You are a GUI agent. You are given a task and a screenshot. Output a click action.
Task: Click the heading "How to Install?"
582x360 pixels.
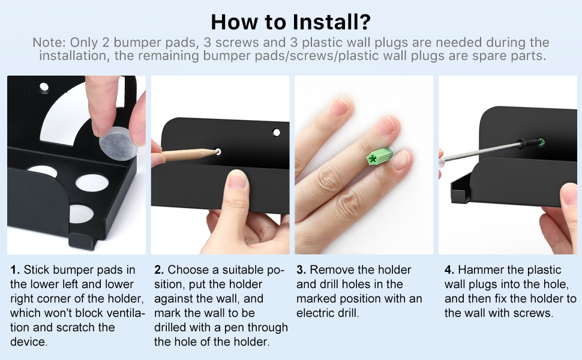point(290,22)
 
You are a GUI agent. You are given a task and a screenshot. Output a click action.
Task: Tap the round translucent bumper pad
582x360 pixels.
point(118,143)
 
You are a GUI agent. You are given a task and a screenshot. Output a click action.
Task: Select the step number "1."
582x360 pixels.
point(15,270)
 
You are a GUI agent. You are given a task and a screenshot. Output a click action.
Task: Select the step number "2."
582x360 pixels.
point(159,270)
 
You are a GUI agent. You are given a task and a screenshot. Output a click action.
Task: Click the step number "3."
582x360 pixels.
point(301,270)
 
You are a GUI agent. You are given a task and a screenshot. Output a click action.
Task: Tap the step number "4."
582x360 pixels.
point(449,270)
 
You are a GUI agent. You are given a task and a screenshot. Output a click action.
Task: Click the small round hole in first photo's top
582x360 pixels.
point(44,88)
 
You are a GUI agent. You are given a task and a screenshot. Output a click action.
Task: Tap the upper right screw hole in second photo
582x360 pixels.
point(277,133)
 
